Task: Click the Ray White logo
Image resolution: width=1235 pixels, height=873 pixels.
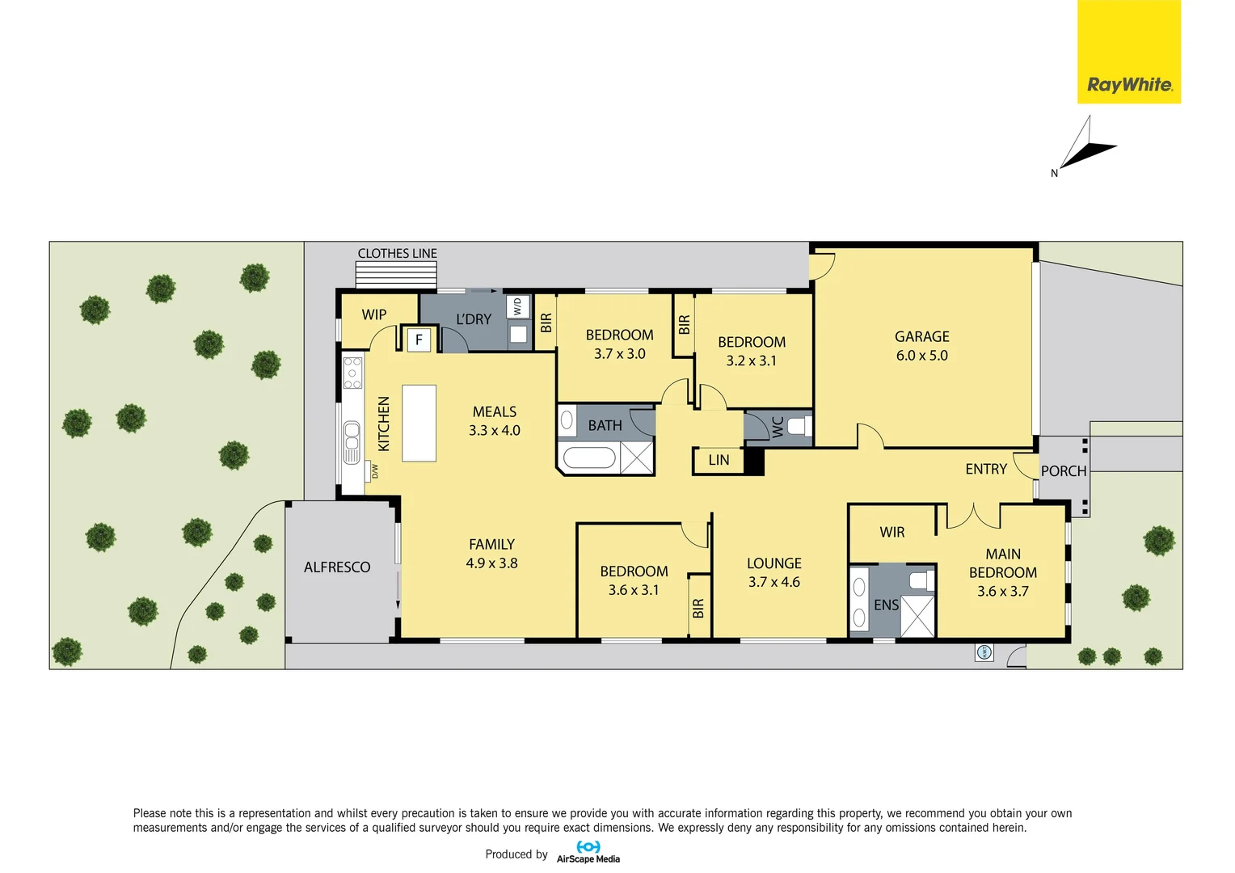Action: [1128, 52]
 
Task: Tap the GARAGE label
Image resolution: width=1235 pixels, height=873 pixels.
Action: [921, 336]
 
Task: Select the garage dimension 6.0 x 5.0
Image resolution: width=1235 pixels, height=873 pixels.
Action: [921, 356]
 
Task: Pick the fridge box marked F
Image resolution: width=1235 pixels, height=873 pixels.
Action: [419, 339]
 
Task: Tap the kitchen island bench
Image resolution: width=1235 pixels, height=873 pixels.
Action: [419, 423]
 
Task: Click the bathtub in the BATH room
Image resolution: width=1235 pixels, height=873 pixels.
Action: [589, 458]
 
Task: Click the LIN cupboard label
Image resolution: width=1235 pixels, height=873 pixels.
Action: [719, 460]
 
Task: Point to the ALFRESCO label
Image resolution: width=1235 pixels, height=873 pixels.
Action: [337, 567]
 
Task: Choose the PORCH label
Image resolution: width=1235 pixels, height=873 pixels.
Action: [1063, 471]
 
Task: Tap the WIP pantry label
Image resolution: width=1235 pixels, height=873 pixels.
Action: [373, 314]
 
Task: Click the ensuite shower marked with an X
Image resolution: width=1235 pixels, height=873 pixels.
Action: [917, 615]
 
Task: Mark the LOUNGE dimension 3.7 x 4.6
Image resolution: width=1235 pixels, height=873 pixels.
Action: [773, 582]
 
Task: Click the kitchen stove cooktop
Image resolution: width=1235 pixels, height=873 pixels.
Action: [352, 373]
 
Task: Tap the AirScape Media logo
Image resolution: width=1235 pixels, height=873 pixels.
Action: [588, 852]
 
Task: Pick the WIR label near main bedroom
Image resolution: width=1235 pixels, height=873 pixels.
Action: [891, 532]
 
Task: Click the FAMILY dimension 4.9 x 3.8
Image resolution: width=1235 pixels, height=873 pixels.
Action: [491, 563]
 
